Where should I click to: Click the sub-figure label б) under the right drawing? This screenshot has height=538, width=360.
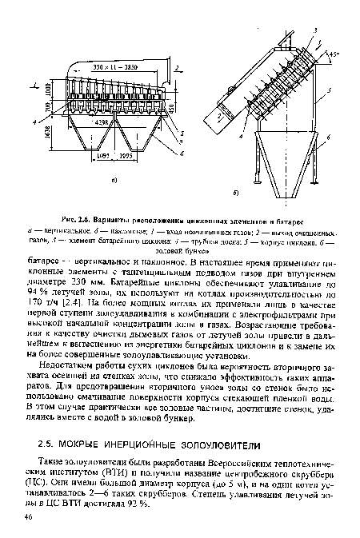point(270,194)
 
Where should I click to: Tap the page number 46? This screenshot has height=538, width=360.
point(29,521)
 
